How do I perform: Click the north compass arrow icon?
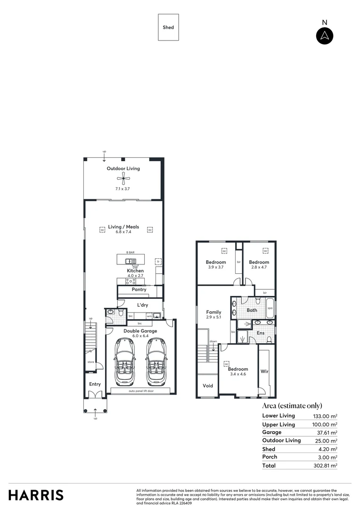[x=325, y=36]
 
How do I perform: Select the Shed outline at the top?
[x=168, y=27]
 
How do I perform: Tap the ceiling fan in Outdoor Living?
[x=123, y=178]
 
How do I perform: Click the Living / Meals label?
[x=123, y=227]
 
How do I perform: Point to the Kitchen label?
[x=135, y=271]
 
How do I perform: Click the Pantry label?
[x=139, y=290]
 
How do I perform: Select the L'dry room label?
[x=143, y=305]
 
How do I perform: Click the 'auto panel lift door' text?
[x=141, y=391]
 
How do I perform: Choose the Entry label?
[x=95, y=385]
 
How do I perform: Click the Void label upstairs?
[x=208, y=386]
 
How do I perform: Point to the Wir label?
[x=264, y=372]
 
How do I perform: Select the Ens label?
[x=261, y=333]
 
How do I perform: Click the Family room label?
[x=214, y=312]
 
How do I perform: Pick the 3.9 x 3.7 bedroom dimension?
[x=215, y=268]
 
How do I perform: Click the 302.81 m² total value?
[x=325, y=466]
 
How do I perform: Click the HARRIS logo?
[x=36, y=495]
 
